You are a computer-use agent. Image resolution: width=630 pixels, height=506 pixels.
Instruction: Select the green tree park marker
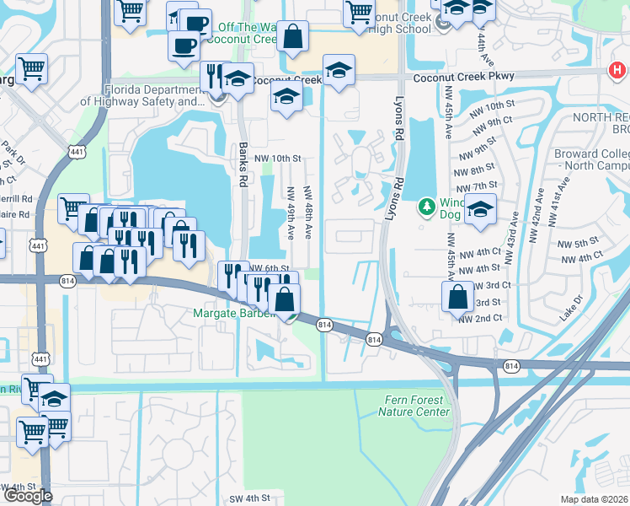[427, 207]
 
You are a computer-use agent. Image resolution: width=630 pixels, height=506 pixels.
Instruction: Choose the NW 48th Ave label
[308, 211]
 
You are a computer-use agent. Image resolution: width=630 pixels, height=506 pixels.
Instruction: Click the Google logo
[28, 495]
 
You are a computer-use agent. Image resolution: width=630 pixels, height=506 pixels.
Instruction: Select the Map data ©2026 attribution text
[594, 499]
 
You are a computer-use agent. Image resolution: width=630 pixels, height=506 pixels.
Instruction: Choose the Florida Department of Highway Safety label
[143, 95]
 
